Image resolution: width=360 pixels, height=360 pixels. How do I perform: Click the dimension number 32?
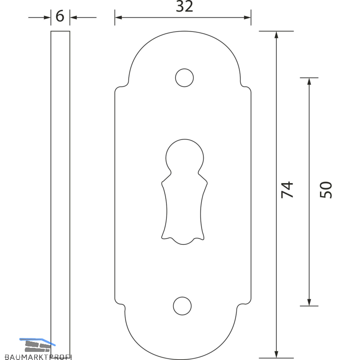184,6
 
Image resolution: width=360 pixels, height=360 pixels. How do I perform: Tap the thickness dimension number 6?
60,16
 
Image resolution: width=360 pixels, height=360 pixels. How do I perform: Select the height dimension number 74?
287,189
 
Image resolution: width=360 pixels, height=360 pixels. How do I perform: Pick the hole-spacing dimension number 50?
325,189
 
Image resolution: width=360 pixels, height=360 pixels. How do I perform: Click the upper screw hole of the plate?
184,77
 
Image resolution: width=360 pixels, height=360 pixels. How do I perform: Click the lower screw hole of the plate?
182,306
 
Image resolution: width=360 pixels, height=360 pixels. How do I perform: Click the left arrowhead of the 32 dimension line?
118,18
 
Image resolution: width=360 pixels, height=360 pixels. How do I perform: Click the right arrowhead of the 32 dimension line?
247,18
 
